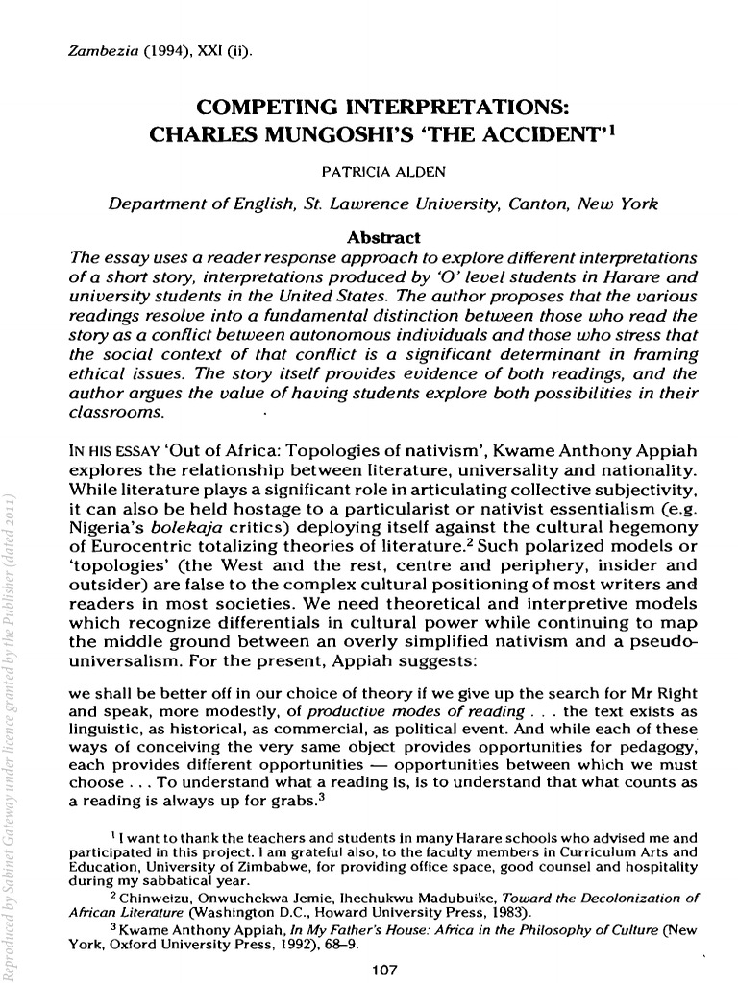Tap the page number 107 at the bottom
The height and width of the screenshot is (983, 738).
tap(384, 969)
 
